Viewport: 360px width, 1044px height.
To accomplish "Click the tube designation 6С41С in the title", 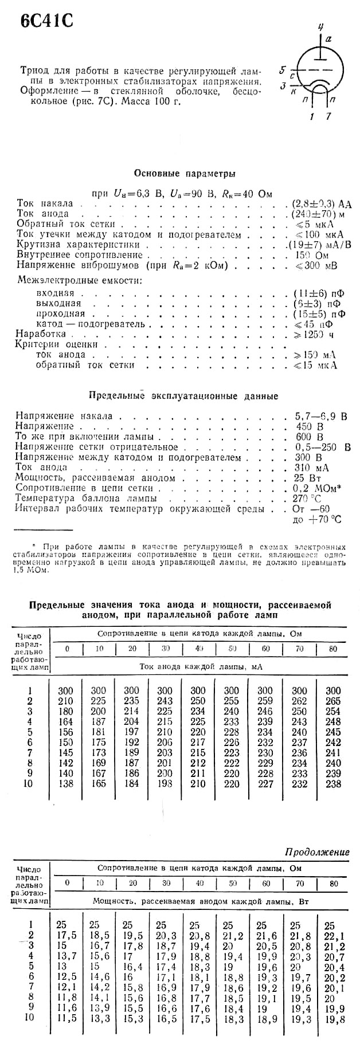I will [46, 21].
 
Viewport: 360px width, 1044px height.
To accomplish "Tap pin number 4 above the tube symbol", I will [321, 27].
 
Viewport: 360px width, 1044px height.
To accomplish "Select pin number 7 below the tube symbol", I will [328, 116].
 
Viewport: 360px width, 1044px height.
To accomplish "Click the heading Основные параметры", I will [184, 173].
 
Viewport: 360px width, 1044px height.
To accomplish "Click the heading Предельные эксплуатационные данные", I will [184, 396].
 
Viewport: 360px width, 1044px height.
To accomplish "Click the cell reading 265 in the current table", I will [332, 701].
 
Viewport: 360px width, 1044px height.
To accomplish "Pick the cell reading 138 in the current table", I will [66, 784].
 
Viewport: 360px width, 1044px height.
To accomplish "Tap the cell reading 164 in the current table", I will [66, 722].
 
